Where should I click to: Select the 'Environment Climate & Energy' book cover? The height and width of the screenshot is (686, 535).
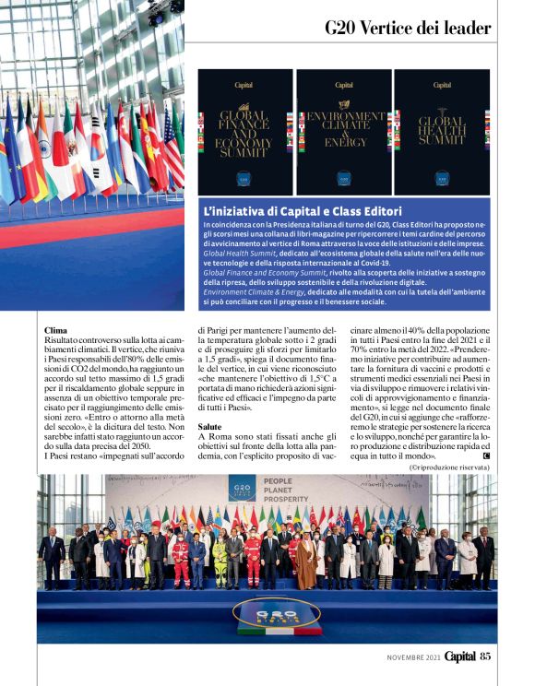pyautogui.click(x=344, y=131)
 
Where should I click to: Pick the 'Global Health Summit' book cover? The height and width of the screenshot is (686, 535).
pyautogui.click(x=442, y=131)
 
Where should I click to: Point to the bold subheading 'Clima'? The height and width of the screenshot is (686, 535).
pyautogui.click(x=55, y=329)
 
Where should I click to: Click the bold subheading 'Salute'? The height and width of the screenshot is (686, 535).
pyautogui.click(x=209, y=427)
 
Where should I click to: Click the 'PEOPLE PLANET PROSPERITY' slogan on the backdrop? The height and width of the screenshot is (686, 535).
pyautogui.click(x=291, y=489)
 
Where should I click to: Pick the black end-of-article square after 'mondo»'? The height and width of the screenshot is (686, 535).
pyautogui.click(x=486, y=456)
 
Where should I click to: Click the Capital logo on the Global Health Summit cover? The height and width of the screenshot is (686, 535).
pyautogui.click(x=441, y=84)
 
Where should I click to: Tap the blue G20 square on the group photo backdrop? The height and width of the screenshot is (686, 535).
pyautogui.click(x=243, y=488)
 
